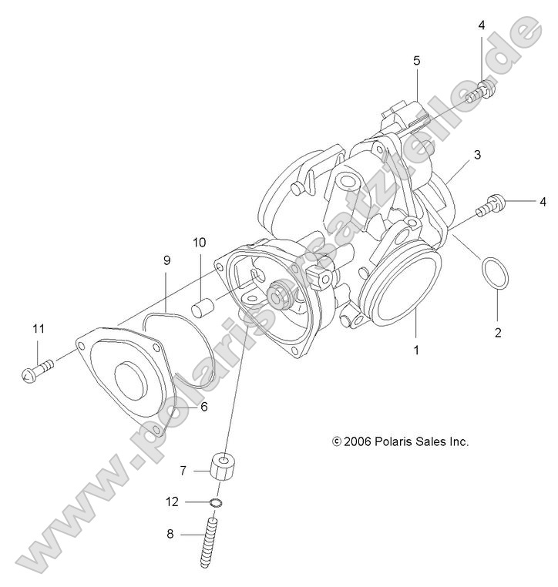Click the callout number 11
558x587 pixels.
click(38, 330)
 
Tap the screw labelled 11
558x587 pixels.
click(39, 371)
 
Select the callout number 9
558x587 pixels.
click(166, 260)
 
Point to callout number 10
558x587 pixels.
click(199, 243)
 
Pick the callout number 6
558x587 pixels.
click(203, 408)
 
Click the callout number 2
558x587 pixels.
click(497, 333)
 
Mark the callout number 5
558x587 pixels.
click(416, 59)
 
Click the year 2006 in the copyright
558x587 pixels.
click(359, 442)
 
